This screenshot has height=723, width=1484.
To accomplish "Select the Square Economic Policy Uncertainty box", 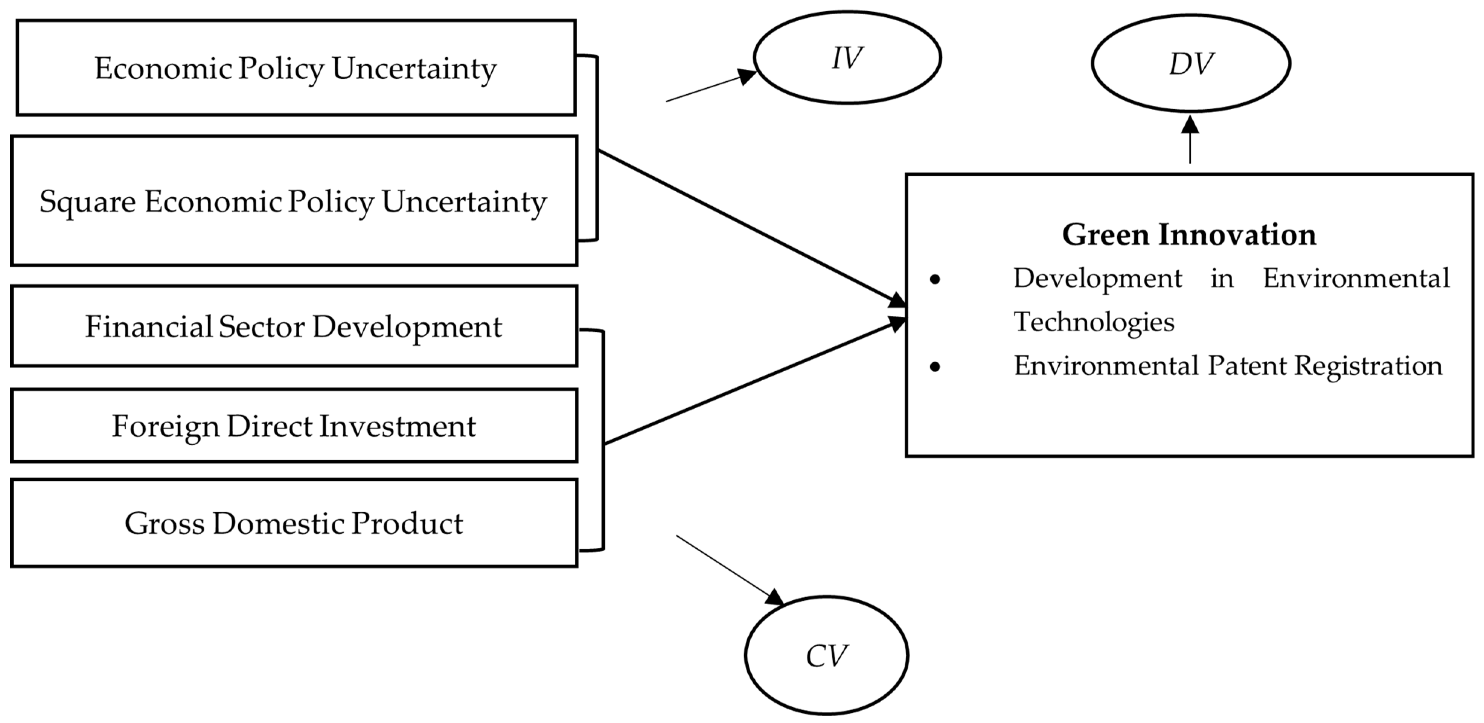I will pyautogui.click(x=293, y=201).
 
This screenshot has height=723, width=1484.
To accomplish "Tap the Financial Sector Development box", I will pyautogui.click(x=293, y=326).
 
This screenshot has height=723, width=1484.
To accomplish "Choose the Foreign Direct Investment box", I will pyautogui.click(x=293, y=426).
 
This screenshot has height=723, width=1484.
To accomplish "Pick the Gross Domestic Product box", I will pyautogui.click(x=293, y=523).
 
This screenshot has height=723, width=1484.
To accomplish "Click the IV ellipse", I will pyautogui.click(x=847, y=58).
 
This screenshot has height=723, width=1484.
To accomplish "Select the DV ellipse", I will pyautogui.click(x=1190, y=63).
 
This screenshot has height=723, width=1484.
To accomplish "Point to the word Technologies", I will pyautogui.click(x=1093, y=322).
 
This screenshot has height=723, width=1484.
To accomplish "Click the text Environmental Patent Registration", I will pyautogui.click(x=1227, y=366).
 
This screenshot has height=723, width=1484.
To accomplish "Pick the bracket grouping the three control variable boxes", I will pyautogui.click(x=603, y=441).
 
